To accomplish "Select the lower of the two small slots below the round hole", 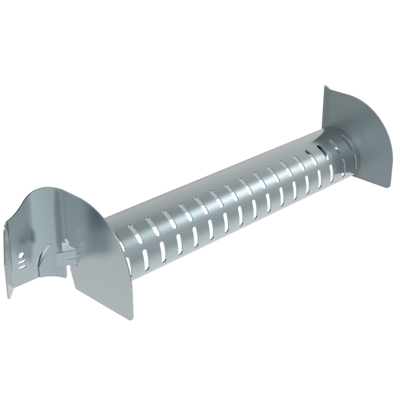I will pos(23,267).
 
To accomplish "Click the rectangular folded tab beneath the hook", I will pos(64,258).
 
